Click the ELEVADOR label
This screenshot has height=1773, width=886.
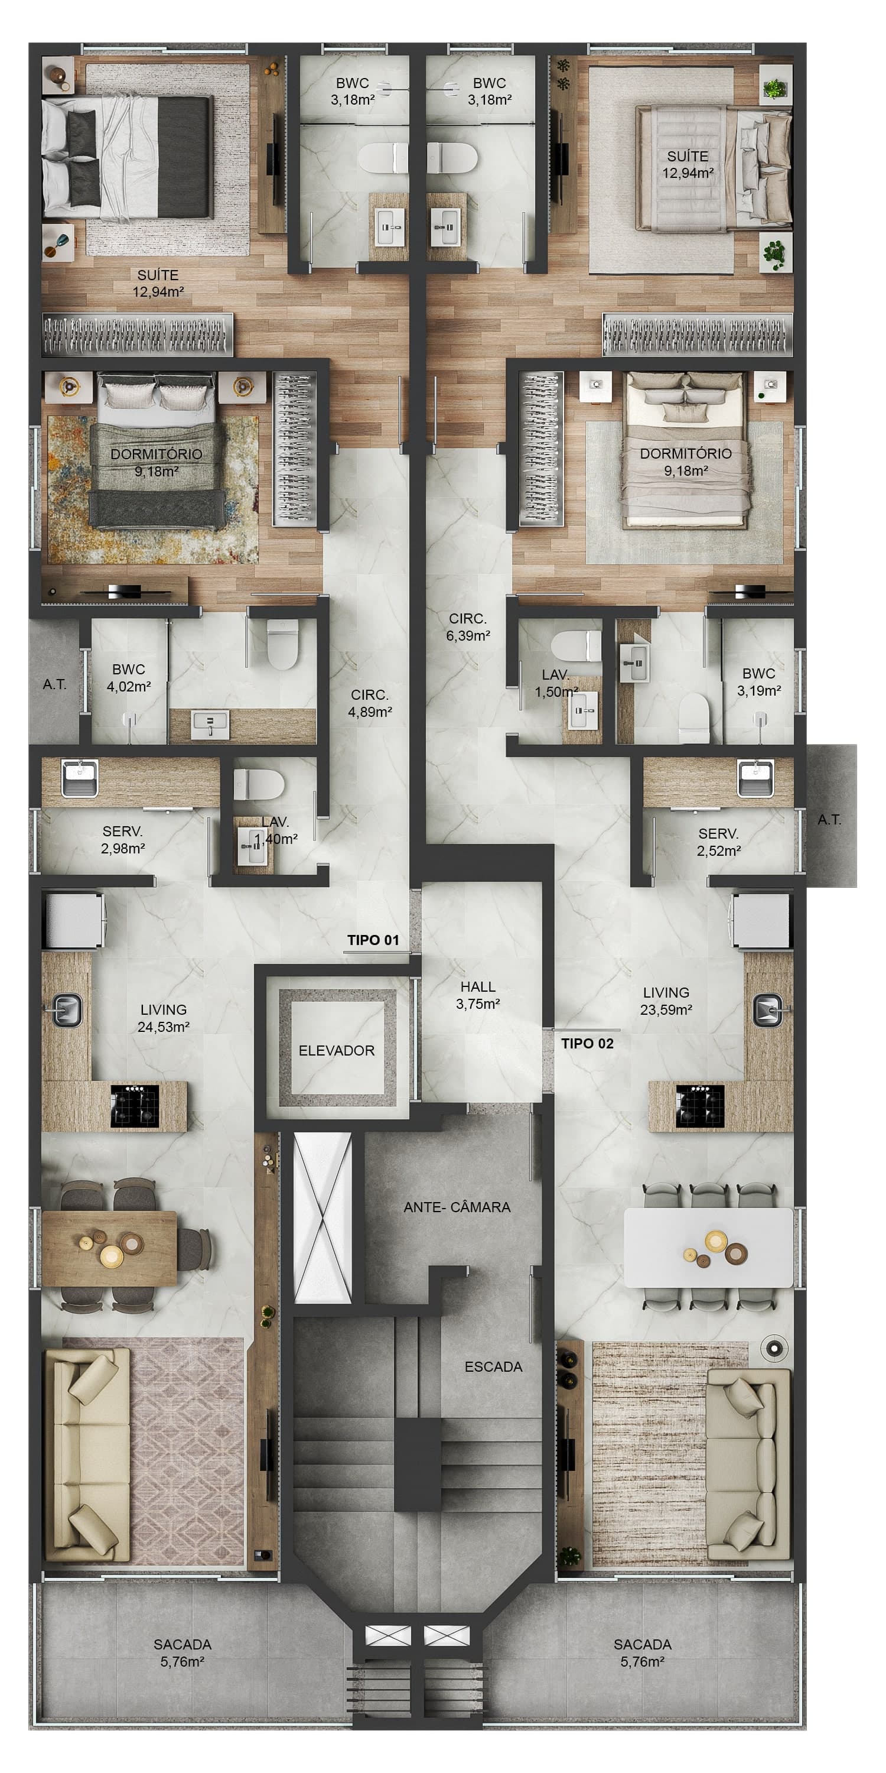click(336, 1050)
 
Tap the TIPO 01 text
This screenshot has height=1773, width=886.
click(373, 940)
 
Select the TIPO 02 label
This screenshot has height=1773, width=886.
click(587, 1044)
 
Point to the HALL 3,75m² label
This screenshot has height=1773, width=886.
click(477, 995)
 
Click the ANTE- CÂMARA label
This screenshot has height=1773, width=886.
click(457, 1207)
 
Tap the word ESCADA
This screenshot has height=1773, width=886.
click(493, 1367)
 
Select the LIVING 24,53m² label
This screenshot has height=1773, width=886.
click(164, 1018)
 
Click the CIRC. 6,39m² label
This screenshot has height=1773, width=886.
click(468, 627)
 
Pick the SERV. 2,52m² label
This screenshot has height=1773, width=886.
click(718, 842)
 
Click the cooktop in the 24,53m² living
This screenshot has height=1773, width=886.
click(135, 1106)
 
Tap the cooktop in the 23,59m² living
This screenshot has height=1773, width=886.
click(699, 1106)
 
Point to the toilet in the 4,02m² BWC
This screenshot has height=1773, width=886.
click(281, 644)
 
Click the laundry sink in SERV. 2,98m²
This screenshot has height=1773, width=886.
click(79, 778)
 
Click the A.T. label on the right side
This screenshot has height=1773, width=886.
click(829, 819)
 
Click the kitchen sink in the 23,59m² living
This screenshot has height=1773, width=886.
click(768, 1009)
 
